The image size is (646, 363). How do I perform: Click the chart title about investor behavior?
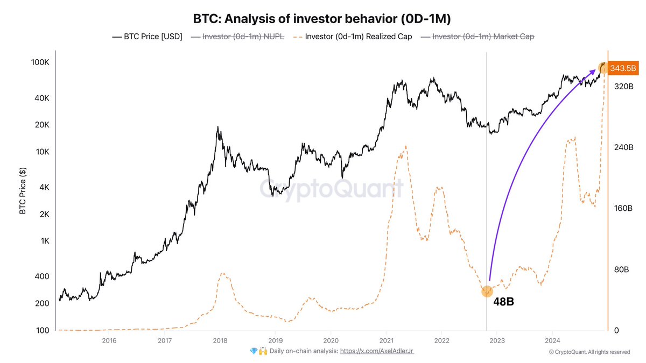322,18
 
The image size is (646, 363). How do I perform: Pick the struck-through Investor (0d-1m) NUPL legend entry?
243,37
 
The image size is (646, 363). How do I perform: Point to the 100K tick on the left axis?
40,62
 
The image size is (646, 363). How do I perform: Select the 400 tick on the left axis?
43,276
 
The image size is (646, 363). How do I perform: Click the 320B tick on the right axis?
623,86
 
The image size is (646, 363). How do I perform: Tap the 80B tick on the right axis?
622,269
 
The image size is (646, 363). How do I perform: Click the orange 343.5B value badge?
623,68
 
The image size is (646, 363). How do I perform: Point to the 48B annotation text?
503,302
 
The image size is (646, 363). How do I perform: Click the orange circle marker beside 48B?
487,291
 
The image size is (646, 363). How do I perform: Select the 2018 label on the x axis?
220,340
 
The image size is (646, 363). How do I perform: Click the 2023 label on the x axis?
497,340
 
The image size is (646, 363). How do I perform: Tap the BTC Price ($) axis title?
23,190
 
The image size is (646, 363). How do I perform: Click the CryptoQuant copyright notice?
589,352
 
